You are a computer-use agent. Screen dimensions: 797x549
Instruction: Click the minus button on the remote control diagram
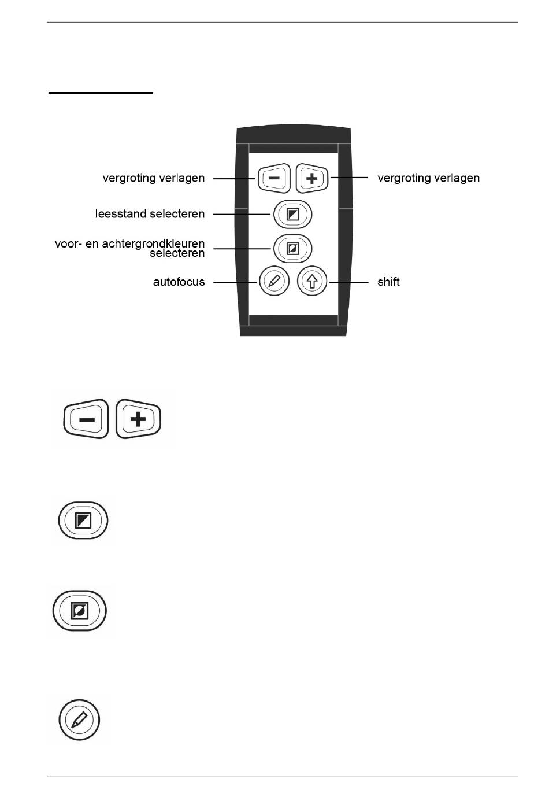(274, 178)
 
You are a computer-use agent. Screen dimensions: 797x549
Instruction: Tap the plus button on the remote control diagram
(312, 178)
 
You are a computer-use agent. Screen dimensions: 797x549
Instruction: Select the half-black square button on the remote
(293, 215)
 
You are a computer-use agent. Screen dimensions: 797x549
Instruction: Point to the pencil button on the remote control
(274, 282)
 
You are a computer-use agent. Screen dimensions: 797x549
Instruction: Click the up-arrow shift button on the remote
(312, 282)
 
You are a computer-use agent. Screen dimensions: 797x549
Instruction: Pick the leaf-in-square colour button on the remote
(293, 249)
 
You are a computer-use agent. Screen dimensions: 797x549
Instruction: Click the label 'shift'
(388, 282)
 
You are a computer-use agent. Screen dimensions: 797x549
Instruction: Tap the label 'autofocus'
(179, 282)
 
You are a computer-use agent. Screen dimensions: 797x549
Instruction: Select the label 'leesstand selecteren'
(150, 214)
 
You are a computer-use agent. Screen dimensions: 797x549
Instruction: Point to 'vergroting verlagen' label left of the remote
(153, 178)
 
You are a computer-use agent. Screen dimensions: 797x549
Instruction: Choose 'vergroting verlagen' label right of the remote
(428, 178)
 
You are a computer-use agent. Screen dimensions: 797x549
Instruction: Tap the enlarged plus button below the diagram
(138, 419)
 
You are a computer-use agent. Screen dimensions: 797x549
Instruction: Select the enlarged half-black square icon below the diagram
(84, 520)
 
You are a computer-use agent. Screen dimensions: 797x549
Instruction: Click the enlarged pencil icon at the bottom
(79, 720)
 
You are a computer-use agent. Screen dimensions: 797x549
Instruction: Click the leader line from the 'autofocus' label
(235, 282)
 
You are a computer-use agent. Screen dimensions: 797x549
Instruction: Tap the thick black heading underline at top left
(100, 92)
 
